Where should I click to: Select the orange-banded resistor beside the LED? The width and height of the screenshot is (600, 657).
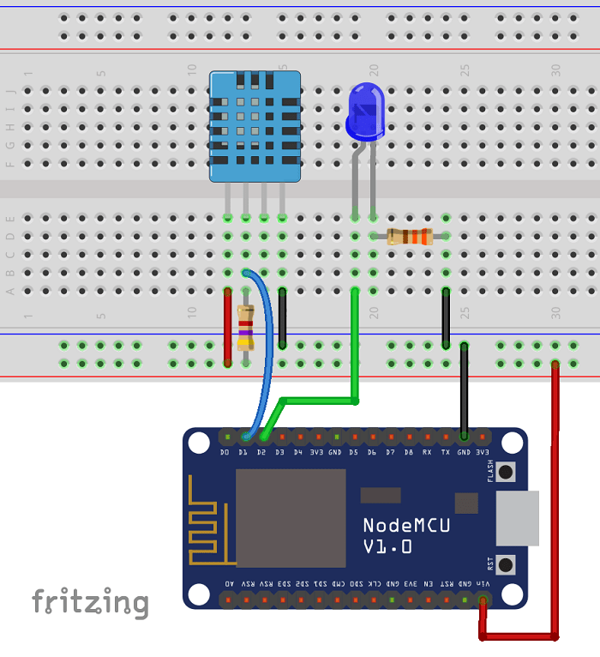[x=410, y=237]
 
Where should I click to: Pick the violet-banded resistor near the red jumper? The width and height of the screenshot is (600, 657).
[x=246, y=328]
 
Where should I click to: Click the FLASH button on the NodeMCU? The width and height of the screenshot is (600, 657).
[x=506, y=471]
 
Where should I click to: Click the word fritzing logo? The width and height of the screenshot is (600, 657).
[x=90, y=602]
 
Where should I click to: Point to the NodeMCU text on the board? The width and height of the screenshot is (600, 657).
[x=406, y=525]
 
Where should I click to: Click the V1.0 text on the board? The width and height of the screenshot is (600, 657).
[x=387, y=545]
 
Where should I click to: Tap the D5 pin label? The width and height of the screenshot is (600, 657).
[x=353, y=452]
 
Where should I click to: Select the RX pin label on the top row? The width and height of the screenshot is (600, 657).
[x=427, y=452]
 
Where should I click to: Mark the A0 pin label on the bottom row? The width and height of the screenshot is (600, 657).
[x=229, y=583]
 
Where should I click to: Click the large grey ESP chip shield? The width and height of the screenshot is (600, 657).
[x=291, y=518]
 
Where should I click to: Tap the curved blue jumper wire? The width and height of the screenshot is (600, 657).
[x=269, y=343]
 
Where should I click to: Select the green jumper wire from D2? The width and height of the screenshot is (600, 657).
[x=317, y=400]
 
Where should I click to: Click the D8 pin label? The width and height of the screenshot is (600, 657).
[x=409, y=452]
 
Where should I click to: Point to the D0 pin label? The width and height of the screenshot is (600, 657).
[x=225, y=452]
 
